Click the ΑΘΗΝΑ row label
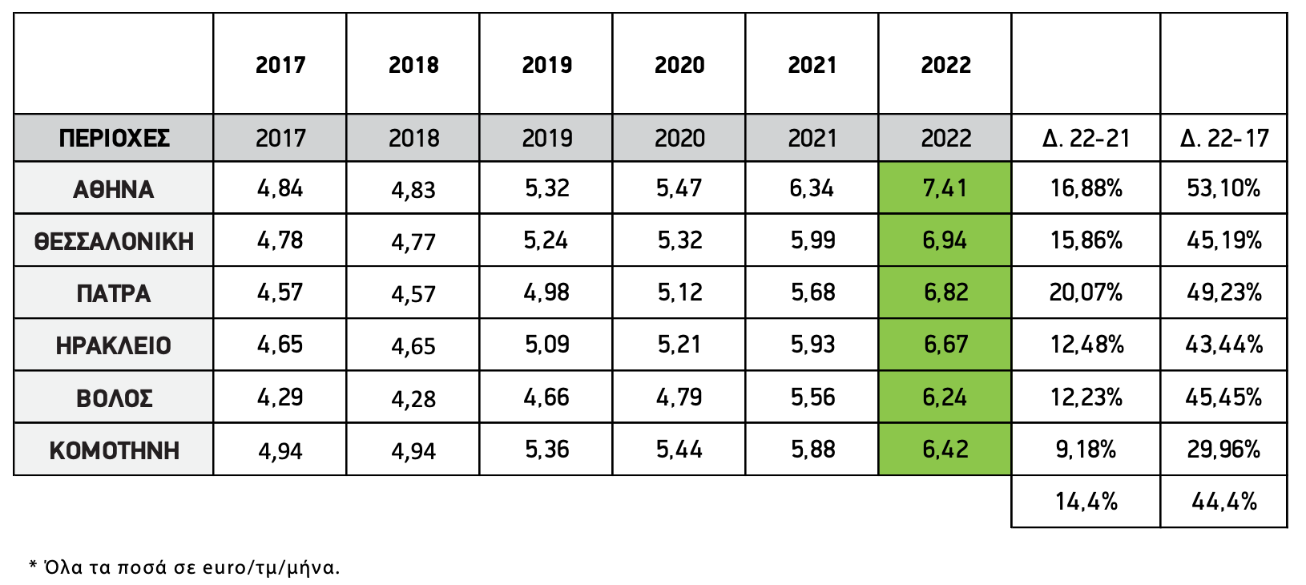114,189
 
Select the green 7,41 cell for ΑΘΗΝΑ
945,188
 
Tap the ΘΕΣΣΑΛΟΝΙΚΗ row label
114,241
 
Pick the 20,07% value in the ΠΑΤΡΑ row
1086,292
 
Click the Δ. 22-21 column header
1086,139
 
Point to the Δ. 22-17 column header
1223,139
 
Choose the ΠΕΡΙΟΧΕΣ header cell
114,139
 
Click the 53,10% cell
1223,188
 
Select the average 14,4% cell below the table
1086,502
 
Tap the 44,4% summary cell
1223,502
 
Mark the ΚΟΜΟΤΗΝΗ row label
114,450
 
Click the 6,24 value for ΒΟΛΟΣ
945,397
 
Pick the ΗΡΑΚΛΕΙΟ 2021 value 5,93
812,345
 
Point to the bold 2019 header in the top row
546,65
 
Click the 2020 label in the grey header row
679,139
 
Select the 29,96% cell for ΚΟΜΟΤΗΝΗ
1223,450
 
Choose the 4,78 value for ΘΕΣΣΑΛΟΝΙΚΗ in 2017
280,240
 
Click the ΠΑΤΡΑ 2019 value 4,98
546,292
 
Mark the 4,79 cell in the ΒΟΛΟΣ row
679,397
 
